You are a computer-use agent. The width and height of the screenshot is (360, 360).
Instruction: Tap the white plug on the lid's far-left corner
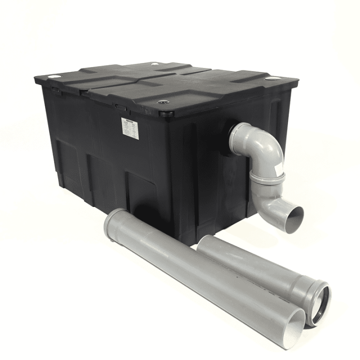[x=54, y=76]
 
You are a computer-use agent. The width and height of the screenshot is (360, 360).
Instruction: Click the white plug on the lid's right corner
[x=272, y=78]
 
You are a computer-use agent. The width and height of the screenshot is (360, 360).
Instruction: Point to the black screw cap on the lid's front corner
[x=163, y=102]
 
